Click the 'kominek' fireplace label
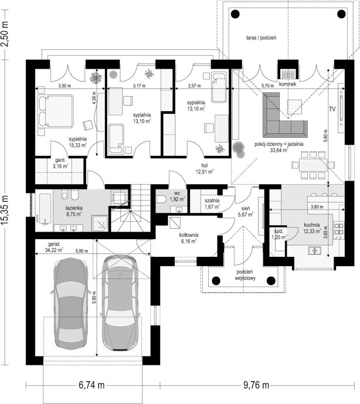[287, 84]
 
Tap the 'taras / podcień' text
[261, 38]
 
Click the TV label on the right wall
[332, 109]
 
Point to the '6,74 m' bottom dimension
[91, 385]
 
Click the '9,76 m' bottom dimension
[256, 385]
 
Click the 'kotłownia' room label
[189, 235]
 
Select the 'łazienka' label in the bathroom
[74, 208]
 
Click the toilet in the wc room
[162, 199]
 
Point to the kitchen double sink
[315, 250]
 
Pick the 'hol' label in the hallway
[205, 165]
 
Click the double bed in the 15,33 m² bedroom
[56, 111]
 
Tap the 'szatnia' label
[212, 201]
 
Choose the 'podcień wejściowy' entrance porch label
[245, 275]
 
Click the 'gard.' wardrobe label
[60, 160]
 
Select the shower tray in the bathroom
[100, 223]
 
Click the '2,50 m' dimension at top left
[5, 34]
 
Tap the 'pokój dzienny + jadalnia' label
[279, 144]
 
